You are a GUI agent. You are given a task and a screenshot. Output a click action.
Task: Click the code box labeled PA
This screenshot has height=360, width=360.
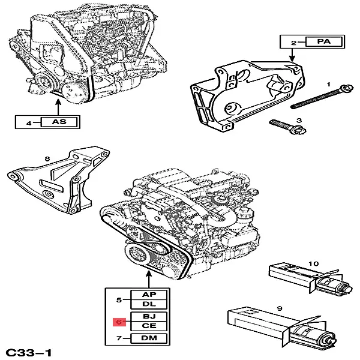click(325, 43)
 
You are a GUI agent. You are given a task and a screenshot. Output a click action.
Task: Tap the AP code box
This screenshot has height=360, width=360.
click(149, 295)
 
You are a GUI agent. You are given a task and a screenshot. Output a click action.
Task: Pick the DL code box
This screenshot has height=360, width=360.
click(149, 305)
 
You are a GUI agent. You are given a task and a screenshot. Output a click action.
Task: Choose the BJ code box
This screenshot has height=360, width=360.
click(149, 316)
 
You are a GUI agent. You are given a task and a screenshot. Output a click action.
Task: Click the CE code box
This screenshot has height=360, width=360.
click(149, 326)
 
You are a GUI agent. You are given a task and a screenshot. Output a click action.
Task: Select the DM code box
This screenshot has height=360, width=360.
click(149, 339)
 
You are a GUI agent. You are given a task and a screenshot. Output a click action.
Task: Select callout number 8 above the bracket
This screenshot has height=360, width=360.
click(47, 159)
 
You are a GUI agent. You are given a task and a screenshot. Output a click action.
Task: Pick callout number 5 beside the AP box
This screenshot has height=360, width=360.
click(119, 300)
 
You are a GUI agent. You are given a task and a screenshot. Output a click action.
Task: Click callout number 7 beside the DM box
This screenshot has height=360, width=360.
click(119, 339)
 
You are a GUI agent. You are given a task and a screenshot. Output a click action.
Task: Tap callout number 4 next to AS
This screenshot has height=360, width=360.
click(28, 123)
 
